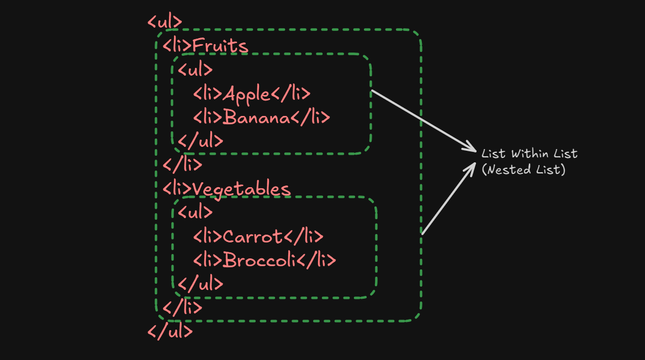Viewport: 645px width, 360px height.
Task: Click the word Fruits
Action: point(220,46)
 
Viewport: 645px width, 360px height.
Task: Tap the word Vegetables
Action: point(241,189)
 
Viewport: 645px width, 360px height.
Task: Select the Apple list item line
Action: point(251,93)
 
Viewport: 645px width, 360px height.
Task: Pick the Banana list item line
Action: point(261,117)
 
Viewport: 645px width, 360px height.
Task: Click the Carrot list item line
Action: point(257,236)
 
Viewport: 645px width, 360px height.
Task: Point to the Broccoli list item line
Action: point(264,260)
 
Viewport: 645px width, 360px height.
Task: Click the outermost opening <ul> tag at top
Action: point(165,22)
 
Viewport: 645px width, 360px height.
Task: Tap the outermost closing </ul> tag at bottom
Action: point(170,331)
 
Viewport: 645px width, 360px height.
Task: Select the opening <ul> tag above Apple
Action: point(195,70)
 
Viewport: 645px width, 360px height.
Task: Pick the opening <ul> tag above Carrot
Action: point(195,213)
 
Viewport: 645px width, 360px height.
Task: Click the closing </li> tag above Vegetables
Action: point(182,165)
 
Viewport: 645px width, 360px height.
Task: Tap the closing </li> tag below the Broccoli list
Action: point(182,307)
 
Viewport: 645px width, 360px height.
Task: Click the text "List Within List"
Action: point(529,153)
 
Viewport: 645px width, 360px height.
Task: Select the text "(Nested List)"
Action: point(524,170)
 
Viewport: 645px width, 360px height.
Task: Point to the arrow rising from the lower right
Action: point(448,199)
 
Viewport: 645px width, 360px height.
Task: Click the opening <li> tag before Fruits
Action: point(177,46)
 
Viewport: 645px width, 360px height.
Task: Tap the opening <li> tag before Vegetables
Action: point(177,189)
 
